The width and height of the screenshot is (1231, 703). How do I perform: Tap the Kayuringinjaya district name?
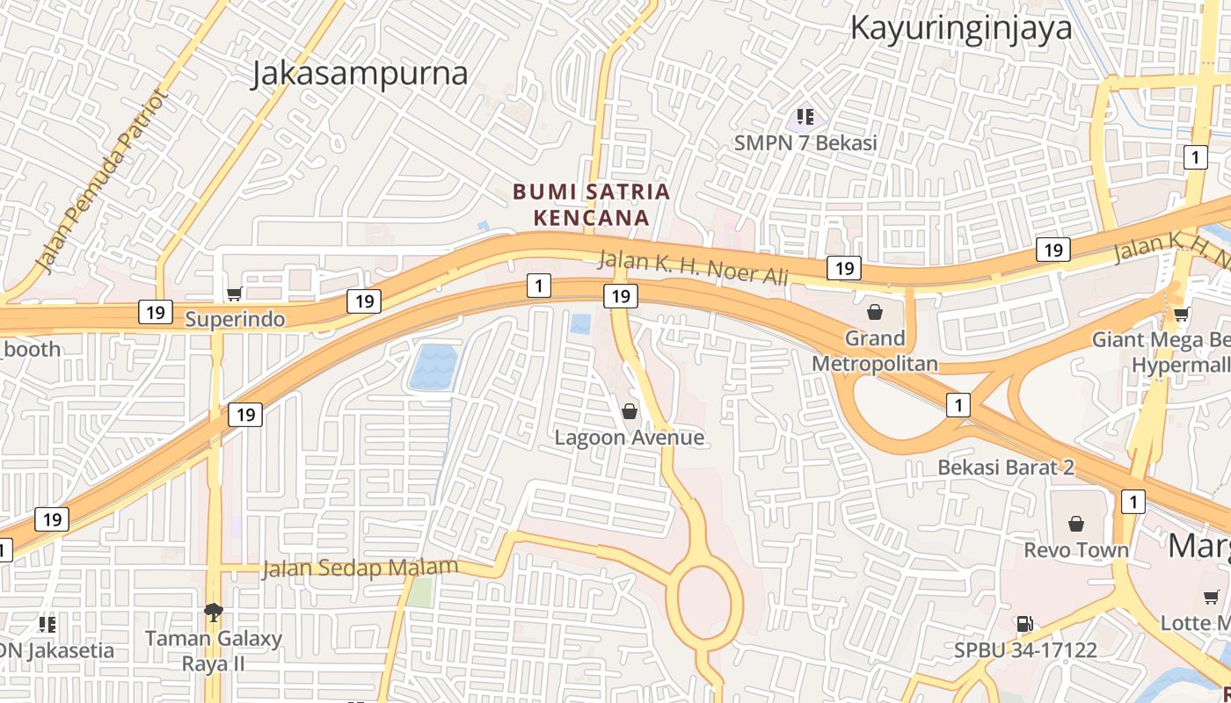point(960,28)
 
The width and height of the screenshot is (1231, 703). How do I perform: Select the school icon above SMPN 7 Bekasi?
point(805,116)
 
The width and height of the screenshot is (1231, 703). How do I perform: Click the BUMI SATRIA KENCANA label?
point(592,204)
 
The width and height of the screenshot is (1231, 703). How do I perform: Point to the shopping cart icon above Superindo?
point(234,294)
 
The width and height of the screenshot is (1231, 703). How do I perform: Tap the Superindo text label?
point(235,319)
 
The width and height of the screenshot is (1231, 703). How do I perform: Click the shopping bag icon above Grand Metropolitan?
point(875,312)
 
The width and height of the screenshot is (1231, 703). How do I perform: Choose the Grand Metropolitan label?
point(875,351)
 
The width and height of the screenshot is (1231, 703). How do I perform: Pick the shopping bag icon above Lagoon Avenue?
point(630,411)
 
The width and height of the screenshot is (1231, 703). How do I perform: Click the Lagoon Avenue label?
point(630,437)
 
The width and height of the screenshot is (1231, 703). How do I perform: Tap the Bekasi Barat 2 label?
point(1006,467)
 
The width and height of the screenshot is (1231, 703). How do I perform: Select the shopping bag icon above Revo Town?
point(1075,525)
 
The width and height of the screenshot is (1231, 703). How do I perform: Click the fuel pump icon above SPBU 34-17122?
point(1024,625)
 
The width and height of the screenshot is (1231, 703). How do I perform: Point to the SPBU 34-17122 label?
point(1025,650)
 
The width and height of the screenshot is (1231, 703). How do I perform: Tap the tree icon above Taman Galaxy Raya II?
point(213,612)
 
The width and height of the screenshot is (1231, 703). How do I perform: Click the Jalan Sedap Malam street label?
point(361,569)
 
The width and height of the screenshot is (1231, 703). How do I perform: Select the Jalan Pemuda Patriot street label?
point(100,180)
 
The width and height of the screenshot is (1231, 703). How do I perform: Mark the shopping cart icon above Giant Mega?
point(1182,315)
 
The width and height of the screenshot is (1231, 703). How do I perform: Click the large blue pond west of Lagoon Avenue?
point(433,366)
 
